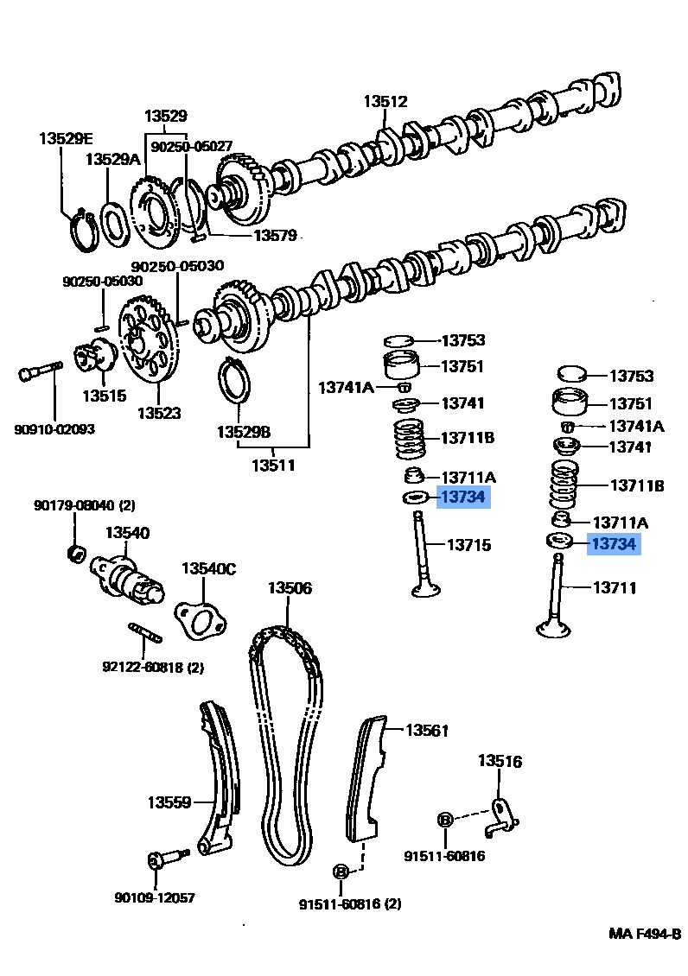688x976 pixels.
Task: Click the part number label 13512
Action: (385, 102)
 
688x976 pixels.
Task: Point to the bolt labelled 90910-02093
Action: (38, 373)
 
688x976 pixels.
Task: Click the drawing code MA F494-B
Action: (644, 934)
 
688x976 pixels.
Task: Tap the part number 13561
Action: (427, 731)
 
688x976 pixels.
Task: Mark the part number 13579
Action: (275, 235)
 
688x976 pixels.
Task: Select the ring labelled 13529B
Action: (236, 381)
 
